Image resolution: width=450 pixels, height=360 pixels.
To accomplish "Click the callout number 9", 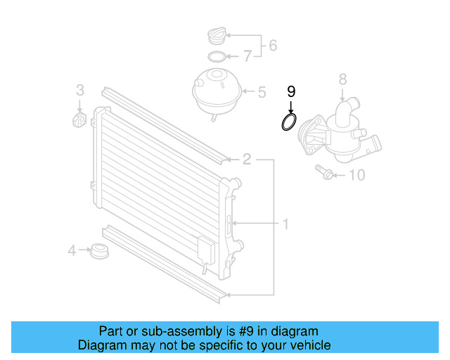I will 292,91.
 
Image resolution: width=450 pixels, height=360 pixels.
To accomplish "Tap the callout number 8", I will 342,79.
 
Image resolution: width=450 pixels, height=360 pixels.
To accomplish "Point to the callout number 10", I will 357,174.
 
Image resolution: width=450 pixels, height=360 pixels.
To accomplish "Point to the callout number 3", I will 80,89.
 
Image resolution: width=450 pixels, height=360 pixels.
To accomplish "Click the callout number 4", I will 72,250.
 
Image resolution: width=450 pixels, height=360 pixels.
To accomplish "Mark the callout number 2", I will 247,159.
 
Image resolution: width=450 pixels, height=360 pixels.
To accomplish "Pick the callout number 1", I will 285,224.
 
